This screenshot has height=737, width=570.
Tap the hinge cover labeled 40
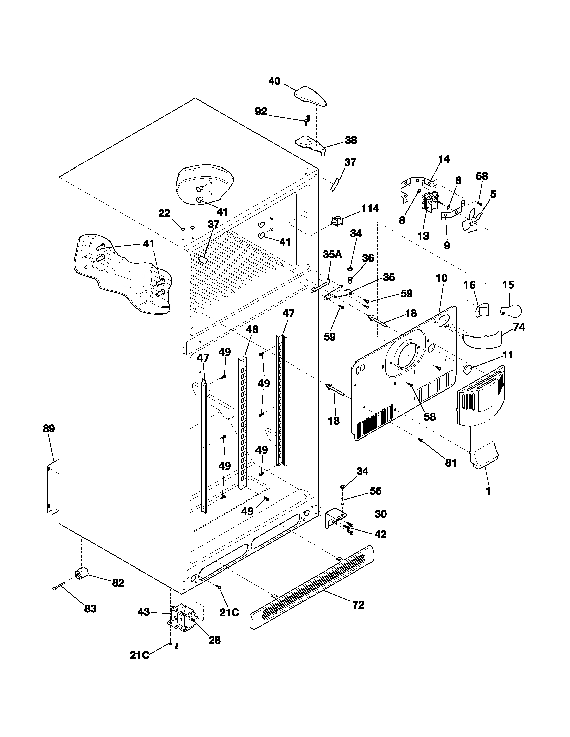(x=310, y=97)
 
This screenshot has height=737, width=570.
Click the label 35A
(x=332, y=254)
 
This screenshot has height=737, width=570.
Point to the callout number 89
(x=49, y=429)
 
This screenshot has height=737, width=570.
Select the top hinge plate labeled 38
(x=311, y=144)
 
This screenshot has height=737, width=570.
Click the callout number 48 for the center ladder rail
(x=252, y=329)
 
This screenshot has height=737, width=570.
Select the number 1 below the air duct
(x=488, y=492)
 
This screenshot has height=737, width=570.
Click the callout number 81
(x=450, y=463)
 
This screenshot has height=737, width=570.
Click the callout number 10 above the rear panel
(x=441, y=278)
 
